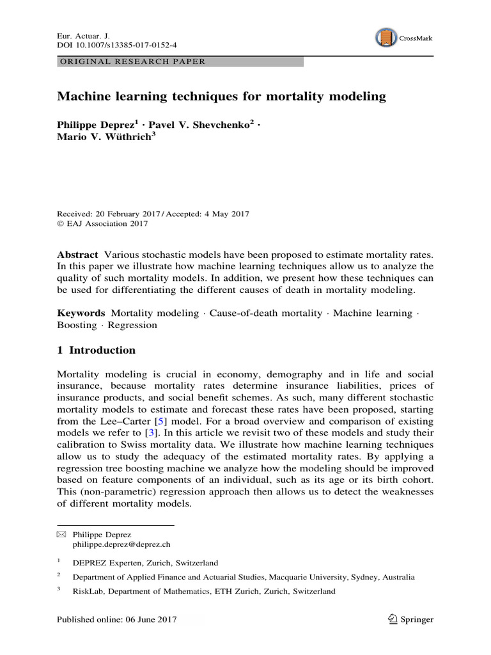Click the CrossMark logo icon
pos(386,38)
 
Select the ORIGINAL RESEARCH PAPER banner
pos(180,62)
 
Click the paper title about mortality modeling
pos(222,97)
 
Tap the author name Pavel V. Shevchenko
pos(205,125)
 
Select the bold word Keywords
pos(81,313)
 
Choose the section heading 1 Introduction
pos(97,350)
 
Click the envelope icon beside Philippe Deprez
pos(61,533)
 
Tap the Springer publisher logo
pos(410,619)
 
